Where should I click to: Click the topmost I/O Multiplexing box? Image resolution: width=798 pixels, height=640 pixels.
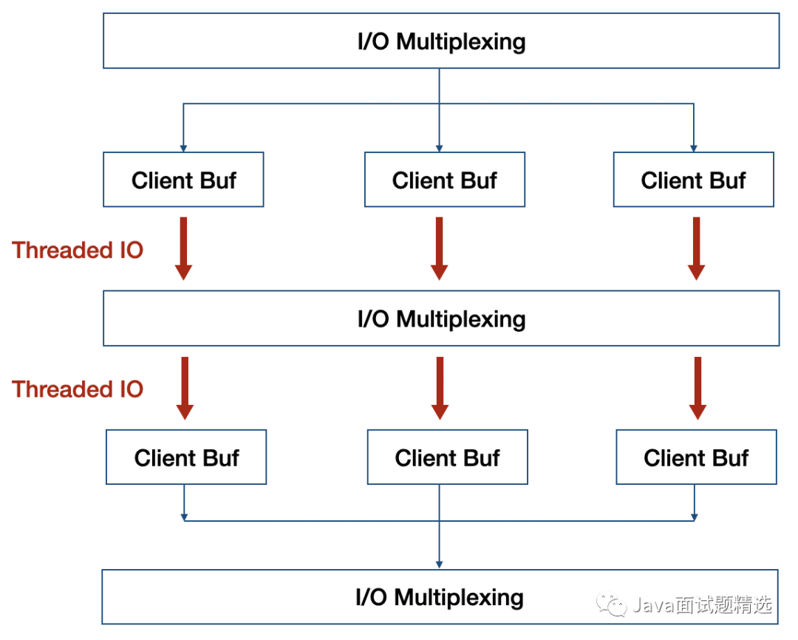(x=440, y=41)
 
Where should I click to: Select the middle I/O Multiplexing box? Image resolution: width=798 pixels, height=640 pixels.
(x=440, y=319)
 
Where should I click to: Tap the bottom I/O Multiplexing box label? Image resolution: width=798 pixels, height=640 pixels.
(x=440, y=597)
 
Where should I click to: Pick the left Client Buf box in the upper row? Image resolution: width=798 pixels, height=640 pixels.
(x=183, y=180)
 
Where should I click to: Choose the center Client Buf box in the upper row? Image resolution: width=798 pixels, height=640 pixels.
(x=444, y=180)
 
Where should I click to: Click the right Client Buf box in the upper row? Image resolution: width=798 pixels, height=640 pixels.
(x=694, y=180)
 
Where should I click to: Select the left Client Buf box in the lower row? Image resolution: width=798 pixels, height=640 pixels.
(x=186, y=457)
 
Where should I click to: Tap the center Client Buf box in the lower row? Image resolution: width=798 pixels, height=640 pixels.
(x=447, y=457)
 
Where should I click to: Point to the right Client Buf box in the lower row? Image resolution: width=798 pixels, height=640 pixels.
(x=696, y=457)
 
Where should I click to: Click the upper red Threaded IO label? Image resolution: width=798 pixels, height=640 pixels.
(x=78, y=250)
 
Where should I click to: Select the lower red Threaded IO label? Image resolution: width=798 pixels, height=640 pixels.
(x=78, y=389)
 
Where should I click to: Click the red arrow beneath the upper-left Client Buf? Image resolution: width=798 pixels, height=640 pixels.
(x=183, y=248)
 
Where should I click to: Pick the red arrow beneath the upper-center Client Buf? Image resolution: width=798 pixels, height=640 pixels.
(x=439, y=248)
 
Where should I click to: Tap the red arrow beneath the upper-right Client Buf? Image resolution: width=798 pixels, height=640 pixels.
(x=696, y=248)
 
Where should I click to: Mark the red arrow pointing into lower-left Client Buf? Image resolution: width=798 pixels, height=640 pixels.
(x=185, y=388)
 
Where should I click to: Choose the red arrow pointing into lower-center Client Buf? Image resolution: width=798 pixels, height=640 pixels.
(x=440, y=388)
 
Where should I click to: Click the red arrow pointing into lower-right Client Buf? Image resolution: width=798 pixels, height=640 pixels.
(x=698, y=388)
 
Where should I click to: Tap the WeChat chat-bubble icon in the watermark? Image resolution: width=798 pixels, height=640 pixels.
(x=611, y=605)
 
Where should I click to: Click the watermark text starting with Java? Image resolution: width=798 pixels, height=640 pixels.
(x=703, y=605)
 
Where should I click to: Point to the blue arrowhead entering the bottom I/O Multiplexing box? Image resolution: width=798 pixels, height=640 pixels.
(x=439, y=565)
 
